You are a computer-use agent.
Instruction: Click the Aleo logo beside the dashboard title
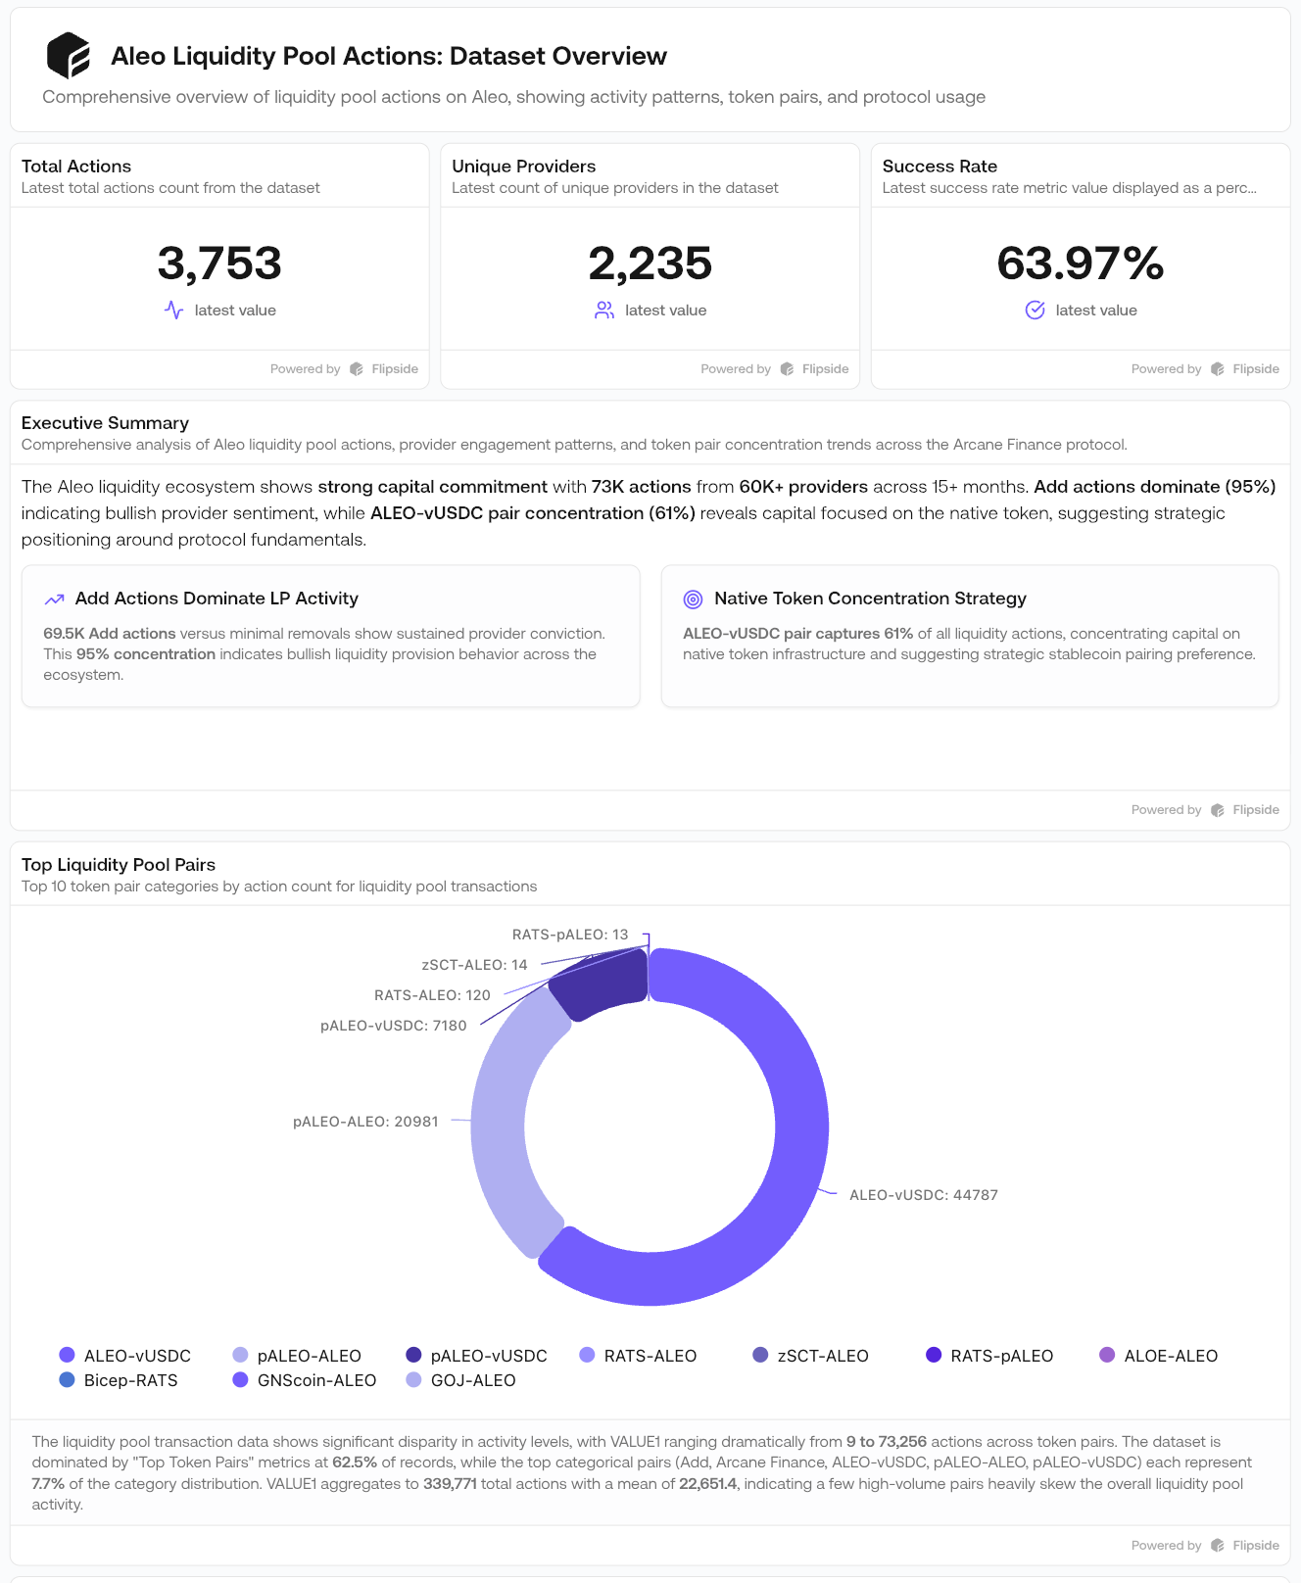[69, 55]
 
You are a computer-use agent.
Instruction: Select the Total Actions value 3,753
[219, 264]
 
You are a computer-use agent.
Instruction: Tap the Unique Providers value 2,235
[650, 264]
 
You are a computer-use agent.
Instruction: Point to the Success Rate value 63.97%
[1080, 264]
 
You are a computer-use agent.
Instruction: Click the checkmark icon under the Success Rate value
[1035, 311]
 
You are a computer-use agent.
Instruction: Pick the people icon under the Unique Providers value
[604, 311]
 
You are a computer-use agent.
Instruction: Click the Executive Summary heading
[105, 423]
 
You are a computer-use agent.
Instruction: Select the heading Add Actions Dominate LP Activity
[217, 599]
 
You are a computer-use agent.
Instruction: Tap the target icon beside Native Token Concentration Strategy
[693, 599]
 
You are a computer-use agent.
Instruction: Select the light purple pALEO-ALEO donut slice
[505, 1127]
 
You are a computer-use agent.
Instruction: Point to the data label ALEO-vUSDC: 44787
[923, 1195]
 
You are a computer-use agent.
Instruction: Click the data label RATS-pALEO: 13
[570, 935]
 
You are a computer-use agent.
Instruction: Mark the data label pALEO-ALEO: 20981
[365, 1122]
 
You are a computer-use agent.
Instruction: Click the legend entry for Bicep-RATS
[120, 1380]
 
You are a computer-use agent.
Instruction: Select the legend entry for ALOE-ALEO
[1160, 1356]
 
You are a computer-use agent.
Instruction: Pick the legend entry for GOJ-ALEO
[462, 1380]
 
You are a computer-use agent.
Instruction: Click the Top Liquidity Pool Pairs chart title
[119, 865]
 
